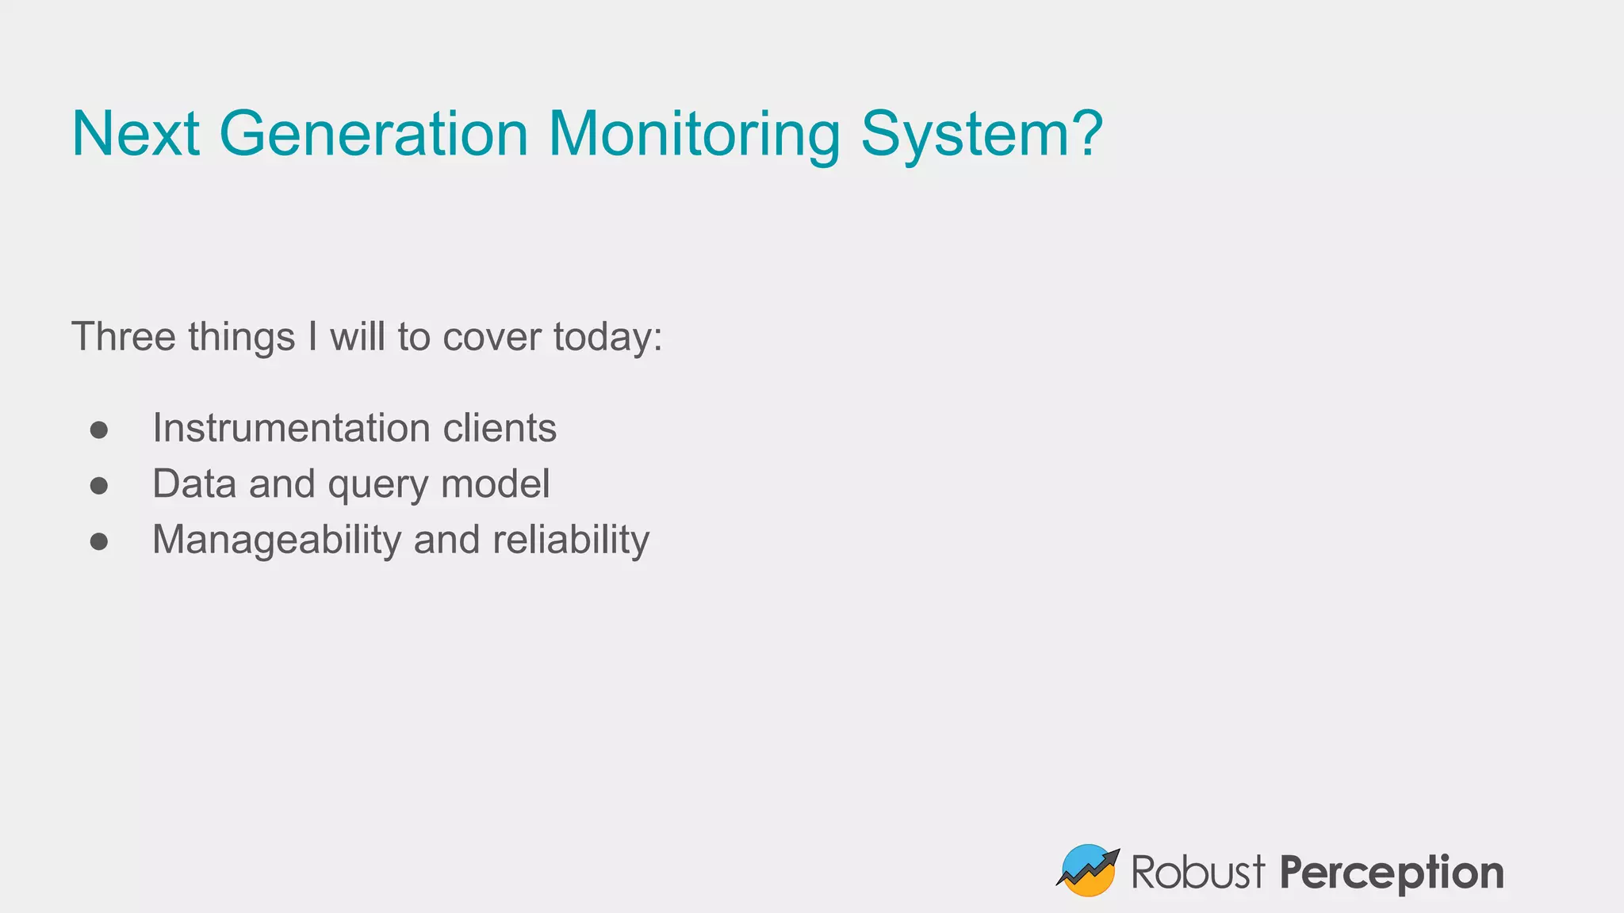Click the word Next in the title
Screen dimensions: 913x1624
point(135,133)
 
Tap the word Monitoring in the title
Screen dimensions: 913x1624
point(694,133)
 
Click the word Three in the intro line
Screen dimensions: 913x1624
point(124,336)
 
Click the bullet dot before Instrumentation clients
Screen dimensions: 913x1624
point(99,430)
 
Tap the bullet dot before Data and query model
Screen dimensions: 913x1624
point(99,485)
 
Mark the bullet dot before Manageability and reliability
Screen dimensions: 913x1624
point(99,541)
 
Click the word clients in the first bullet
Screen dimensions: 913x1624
point(500,428)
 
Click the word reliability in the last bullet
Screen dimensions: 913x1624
point(571,541)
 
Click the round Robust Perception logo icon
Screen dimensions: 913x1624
point(1087,871)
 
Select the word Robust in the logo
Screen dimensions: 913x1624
point(1197,873)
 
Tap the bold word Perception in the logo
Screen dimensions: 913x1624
point(1391,873)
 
